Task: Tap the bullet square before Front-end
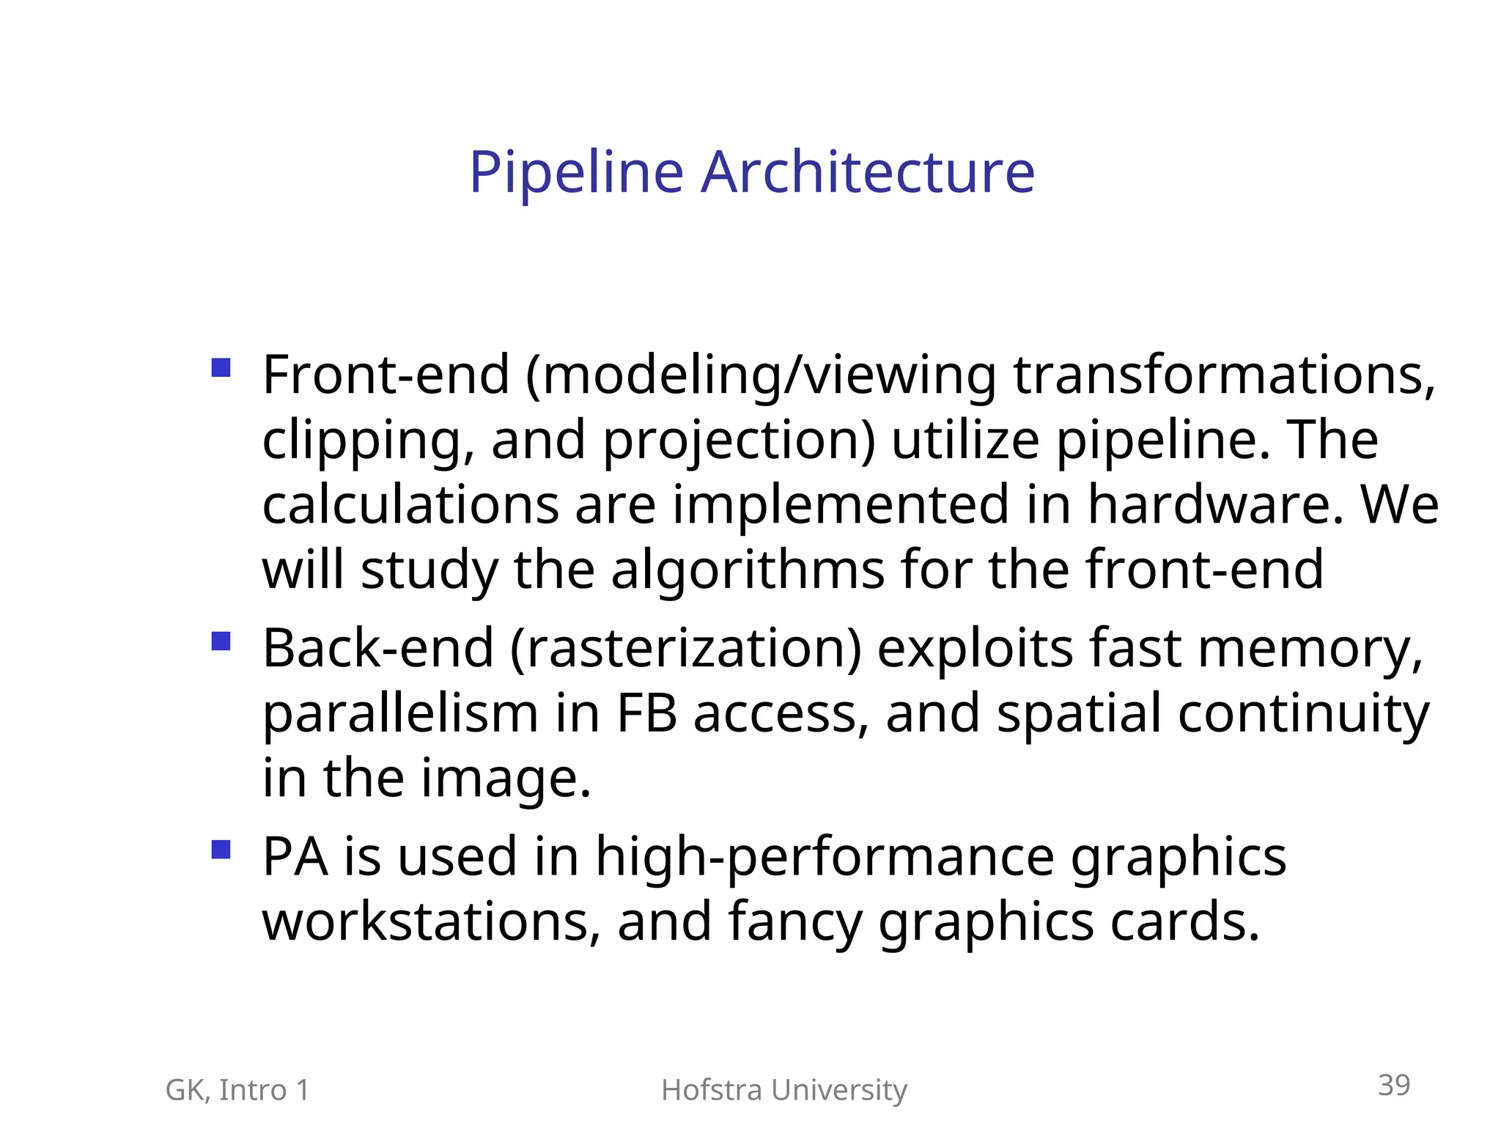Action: tap(221, 367)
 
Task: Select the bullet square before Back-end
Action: tap(221, 641)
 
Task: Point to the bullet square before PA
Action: tap(221, 850)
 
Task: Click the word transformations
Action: tap(1223, 375)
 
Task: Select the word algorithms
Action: tap(748, 570)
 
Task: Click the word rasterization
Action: tap(686, 649)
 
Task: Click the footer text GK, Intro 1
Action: tap(237, 1090)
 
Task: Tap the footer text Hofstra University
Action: tap(783, 1090)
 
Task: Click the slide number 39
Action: tap(1393, 1085)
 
